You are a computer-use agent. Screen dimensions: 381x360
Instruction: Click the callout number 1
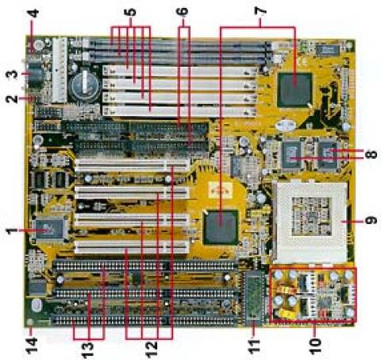(11, 230)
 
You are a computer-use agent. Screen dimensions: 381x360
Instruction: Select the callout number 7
(260, 11)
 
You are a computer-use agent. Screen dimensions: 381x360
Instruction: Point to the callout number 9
(371, 220)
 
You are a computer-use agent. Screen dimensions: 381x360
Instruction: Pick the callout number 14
(32, 345)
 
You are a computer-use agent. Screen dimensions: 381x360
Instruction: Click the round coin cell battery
(85, 84)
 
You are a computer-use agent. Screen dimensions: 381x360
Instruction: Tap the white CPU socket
(312, 222)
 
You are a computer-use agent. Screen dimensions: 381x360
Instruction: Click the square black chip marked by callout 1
(49, 229)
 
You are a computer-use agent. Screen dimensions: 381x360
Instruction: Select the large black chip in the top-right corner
(294, 89)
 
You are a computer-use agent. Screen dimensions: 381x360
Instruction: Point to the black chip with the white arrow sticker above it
(220, 226)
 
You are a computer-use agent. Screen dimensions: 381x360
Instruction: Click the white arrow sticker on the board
(221, 190)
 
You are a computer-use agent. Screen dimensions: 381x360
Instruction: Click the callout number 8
(371, 154)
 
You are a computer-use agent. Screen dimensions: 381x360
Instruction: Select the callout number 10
(315, 346)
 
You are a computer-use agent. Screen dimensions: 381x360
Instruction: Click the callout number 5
(131, 12)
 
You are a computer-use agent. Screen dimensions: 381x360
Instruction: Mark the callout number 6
(183, 11)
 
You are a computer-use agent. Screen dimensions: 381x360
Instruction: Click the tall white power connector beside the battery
(60, 70)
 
